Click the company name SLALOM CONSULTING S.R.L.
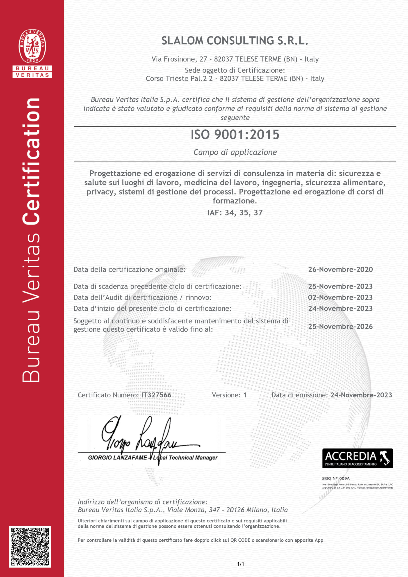point(235,41)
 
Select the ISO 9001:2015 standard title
point(235,135)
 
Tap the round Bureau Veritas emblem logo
point(32,46)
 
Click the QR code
point(30,546)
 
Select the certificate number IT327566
point(156,395)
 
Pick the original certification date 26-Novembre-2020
point(340,269)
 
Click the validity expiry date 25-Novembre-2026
point(340,326)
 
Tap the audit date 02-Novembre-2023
point(340,297)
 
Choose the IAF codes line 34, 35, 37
point(235,213)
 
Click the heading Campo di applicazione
point(235,152)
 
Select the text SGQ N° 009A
point(336,479)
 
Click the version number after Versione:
point(245,395)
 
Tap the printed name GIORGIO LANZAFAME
point(117,458)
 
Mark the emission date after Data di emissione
point(361,395)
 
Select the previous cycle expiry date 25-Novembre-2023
point(340,286)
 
